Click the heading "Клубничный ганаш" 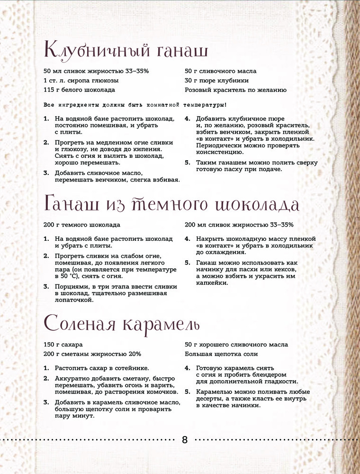coord(126,49)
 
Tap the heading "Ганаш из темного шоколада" coord(171,204)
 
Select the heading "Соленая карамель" coord(122,325)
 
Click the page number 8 coord(185,439)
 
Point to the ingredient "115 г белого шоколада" coord(79,90)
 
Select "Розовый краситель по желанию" coord(235,90)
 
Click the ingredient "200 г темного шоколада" coord(81,225)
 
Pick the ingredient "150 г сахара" coord(59,345)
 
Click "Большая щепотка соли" coord(221,354)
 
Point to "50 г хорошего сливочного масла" coord(236,345)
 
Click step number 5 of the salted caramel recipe coord(187,392)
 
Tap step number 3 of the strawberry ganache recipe coord(46,173)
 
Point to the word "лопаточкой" coord(73,300)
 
